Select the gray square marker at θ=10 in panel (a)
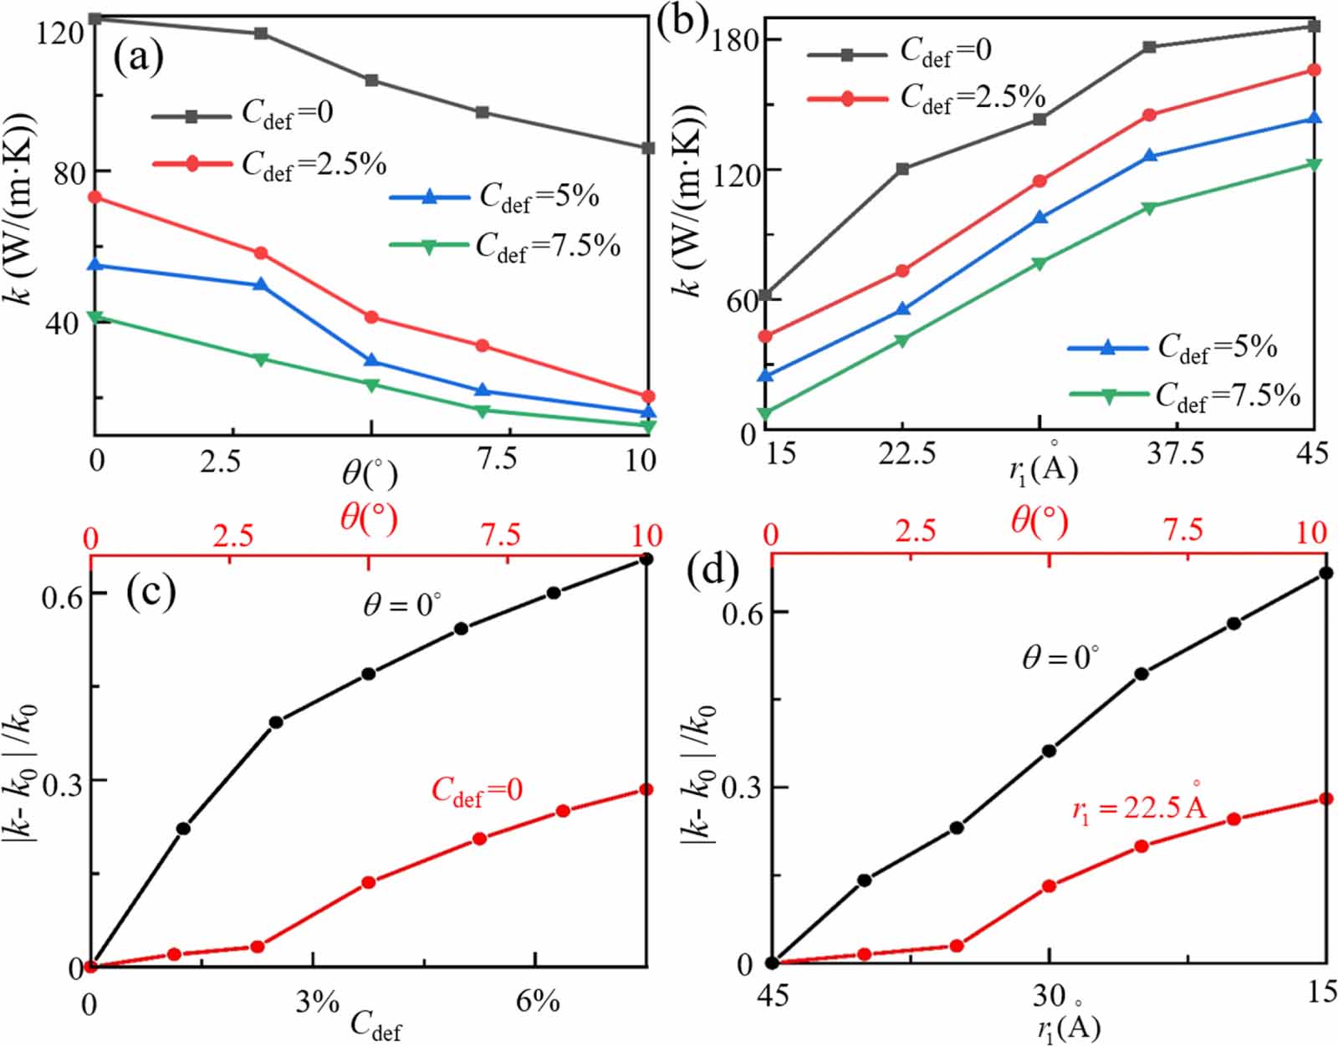(x=647, y=148)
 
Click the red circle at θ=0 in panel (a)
(x=95, y=197)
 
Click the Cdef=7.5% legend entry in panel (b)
(x=1185, y=395)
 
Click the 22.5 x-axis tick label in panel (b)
(x=906, y=454)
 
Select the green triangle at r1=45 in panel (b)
(x=1315, y=164)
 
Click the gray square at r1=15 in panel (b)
(x=764, y=295)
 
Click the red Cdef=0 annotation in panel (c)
(x=477, y=791)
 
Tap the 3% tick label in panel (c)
(x=317, y=1002)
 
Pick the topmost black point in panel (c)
(x=646, y=559)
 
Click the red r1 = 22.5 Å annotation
(x=1139, y=806)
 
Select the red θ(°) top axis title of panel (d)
(x=1039, y=521)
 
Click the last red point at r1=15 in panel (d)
(x=1325, y=799)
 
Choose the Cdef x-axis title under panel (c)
(x=376, y=1024)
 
